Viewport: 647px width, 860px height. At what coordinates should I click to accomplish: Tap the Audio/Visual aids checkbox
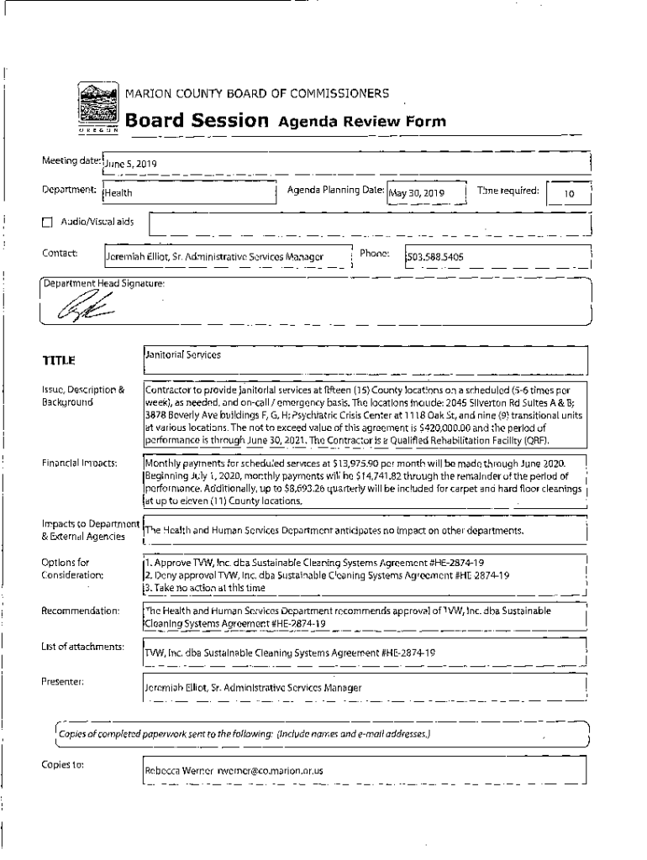coord(47,223)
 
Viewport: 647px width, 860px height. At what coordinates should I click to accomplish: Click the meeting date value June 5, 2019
coord(130,164)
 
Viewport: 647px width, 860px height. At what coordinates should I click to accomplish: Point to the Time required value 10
coord(569,194)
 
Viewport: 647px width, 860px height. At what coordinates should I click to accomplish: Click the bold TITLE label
coord(59,361)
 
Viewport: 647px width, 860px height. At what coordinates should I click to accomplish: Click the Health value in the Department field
coord(118,194)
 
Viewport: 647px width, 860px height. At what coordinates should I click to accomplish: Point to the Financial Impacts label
coord(79,463)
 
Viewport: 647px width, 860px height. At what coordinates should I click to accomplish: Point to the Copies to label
coord(61,764)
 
